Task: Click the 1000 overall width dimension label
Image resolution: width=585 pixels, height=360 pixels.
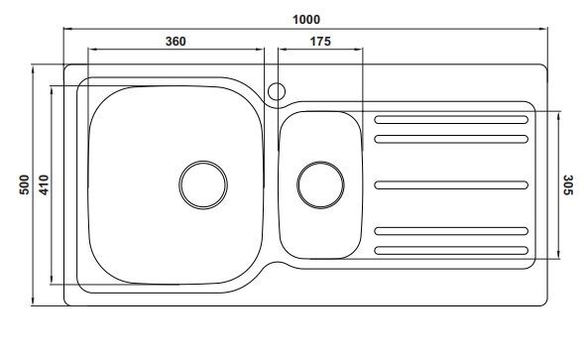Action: click(306, 20)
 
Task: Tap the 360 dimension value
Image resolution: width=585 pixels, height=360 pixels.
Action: click(175, 41)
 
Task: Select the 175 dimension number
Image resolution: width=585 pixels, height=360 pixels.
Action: click(320, 41)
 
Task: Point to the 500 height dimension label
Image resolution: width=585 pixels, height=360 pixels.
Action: click(24, 184)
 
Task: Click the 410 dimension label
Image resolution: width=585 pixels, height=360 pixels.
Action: click(44, 184)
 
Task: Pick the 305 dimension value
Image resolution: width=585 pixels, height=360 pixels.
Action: click(567, 184)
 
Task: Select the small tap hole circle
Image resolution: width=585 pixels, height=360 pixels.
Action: click(277, 83)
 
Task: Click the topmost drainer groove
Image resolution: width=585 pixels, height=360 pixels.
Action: click(451, 120)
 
